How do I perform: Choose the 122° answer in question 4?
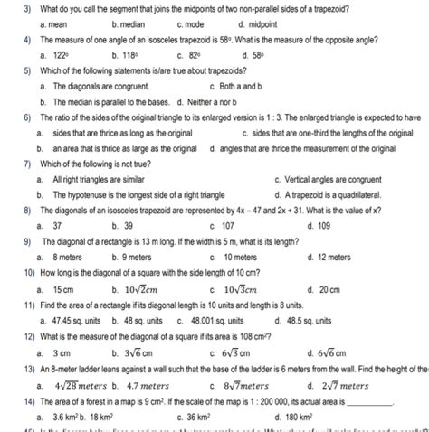point(56,56)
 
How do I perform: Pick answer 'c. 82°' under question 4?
point(192,56)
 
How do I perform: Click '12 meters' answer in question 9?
point(329,258)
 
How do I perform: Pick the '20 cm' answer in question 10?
point(324,289)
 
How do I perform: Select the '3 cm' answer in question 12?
point(57,353)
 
